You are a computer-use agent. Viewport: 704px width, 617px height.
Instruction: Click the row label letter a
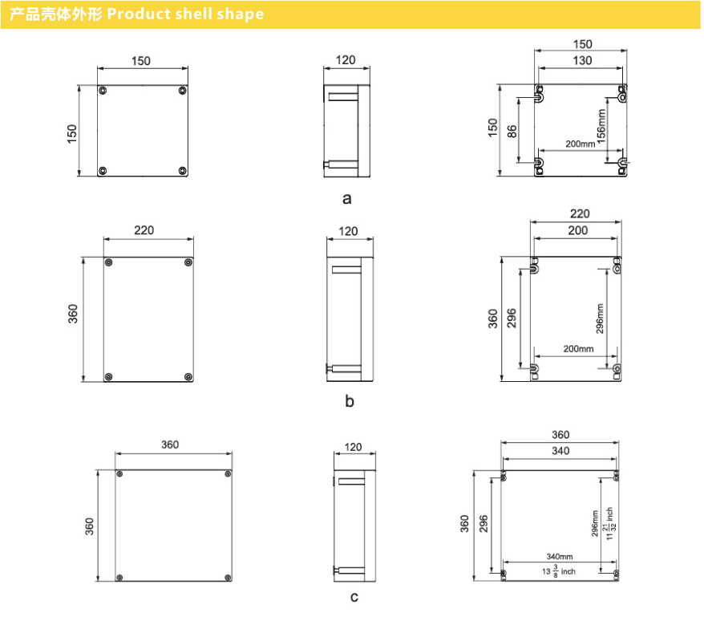(346, 199)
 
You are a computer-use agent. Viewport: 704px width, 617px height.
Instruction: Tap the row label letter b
(350, 400)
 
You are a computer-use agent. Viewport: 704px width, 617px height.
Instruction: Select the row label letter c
(354, 597)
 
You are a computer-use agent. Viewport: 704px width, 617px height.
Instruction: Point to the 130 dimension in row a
(582, 60)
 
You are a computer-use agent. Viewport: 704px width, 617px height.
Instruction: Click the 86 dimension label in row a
(512, 132)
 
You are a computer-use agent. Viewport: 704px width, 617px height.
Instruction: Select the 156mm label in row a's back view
(601, 126)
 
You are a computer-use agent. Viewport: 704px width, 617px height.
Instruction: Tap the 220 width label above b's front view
(144, 230)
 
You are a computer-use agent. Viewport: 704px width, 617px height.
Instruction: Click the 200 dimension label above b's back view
(577, 230)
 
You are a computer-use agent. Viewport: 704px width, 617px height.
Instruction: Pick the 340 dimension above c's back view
(560, 451)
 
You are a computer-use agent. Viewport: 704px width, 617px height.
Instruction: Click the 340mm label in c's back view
(560, 556)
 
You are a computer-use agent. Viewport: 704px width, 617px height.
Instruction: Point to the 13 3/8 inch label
(559, 571)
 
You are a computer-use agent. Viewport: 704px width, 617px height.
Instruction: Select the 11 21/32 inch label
(609, 524)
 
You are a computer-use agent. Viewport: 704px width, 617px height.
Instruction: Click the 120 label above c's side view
(353, 447)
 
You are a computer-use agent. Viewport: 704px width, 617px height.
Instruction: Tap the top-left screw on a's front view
(103, 91)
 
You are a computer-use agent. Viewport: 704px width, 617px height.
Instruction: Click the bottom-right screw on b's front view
(188, 376)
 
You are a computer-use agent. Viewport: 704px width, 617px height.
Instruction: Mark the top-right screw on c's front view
(228, 473)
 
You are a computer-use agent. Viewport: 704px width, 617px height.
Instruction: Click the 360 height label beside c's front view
(89, 526)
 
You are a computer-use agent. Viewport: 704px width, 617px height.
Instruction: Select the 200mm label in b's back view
(578, 349)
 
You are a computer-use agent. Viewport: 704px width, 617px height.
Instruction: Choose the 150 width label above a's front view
(140, 61)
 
